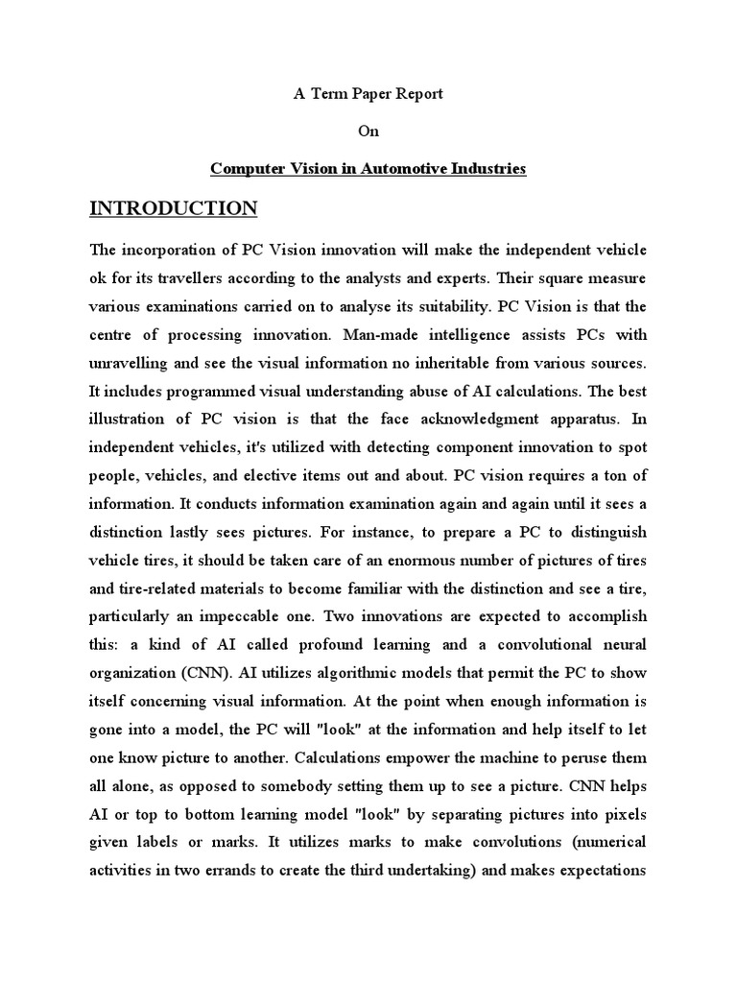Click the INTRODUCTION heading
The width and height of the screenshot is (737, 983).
coord(173,208)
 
